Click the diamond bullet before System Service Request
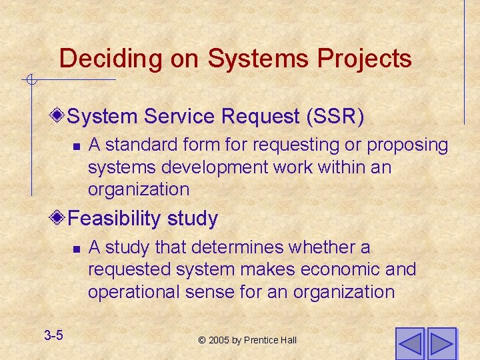click(x=59, y=116)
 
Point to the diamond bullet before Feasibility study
click(x=59, y=218)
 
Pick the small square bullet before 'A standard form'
click(x=77, y=146)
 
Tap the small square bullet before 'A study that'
click(x=77, y=249)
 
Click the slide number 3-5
click(x=53, y=335)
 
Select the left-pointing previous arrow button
click(x=409, y=343)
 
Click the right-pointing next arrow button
click(x=441, y=343)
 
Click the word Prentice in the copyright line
click(x=261, y=340)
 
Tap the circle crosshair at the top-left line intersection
click(x=31, y=81)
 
